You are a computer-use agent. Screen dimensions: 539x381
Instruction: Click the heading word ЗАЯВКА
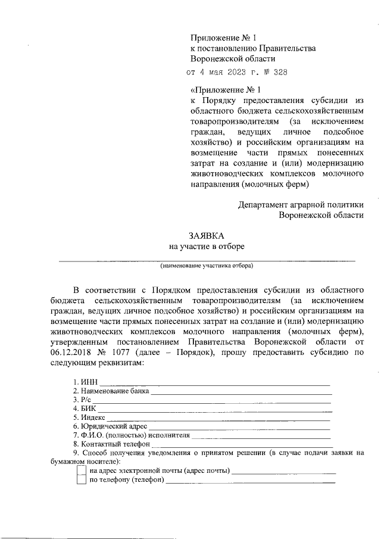pyautogui.click(x=207, y=236)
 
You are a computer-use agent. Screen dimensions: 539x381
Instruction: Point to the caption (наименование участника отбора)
pyautogui.click(x=207, y=265)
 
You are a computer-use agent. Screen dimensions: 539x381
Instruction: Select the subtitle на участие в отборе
pyautogui.click(x=207, y=247)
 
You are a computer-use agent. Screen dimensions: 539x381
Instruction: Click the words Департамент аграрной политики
pyautogui.click(x=301, y=203)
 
